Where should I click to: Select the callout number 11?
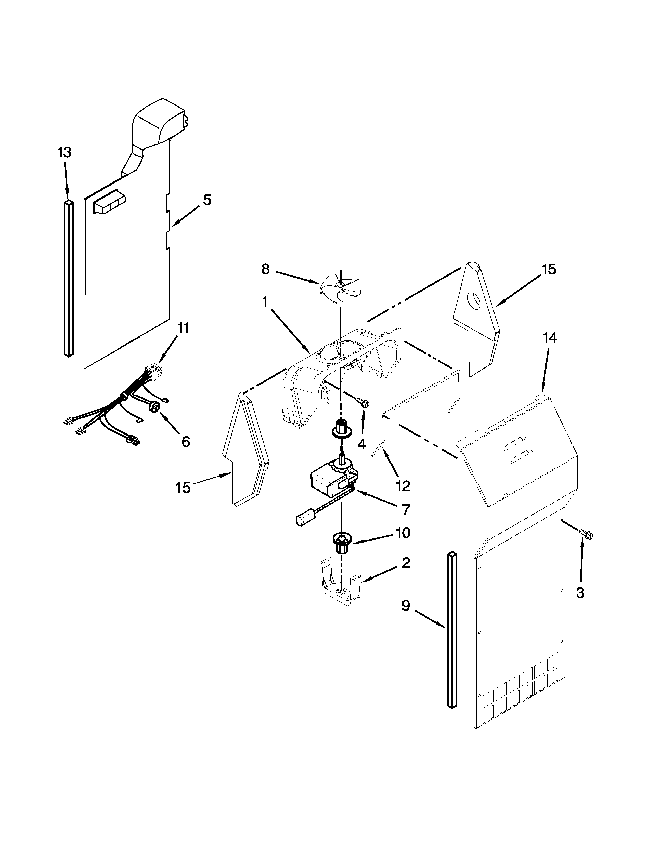tap(183, 328)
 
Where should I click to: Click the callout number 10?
tap(402, 533)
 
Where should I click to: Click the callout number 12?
tap(403, 486)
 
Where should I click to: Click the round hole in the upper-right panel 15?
tap(474, 301)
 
